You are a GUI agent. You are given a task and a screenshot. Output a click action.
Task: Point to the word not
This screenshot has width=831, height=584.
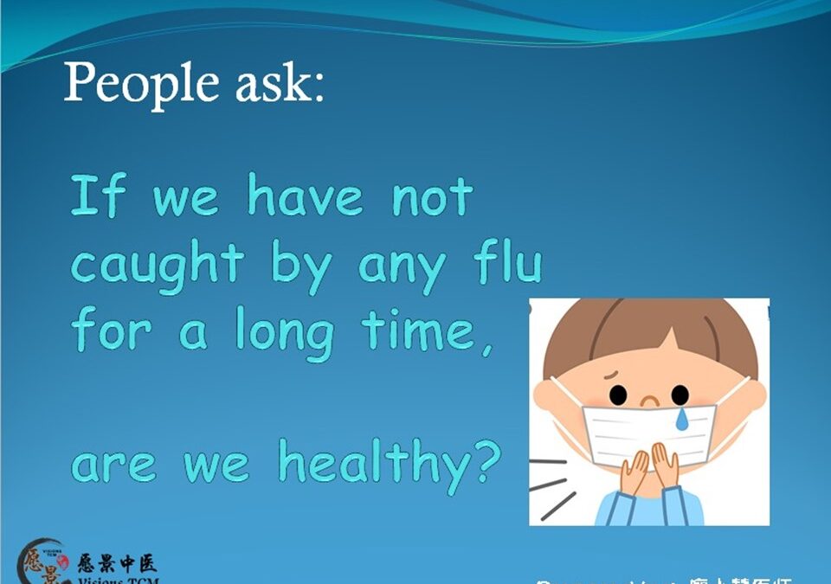coord(433,197)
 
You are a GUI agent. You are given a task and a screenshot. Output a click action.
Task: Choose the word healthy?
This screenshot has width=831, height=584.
coord(390,463)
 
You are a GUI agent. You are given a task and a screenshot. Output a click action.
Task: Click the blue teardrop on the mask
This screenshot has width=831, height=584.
coord(683,420)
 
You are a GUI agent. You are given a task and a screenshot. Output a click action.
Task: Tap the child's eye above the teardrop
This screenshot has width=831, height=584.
coord(680,395)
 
